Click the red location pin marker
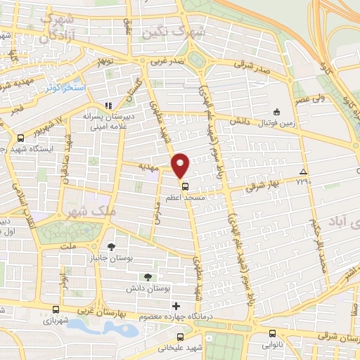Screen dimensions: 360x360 181,165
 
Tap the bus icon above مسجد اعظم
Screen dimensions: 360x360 185,186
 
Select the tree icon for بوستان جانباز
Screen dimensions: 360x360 111,246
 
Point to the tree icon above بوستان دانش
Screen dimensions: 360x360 147,276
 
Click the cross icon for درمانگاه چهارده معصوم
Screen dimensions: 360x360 176,306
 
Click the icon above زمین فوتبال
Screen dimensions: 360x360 276,110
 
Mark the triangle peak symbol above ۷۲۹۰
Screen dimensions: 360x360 303,172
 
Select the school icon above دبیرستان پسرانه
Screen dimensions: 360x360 108,105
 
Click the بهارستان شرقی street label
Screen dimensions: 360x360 333,340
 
